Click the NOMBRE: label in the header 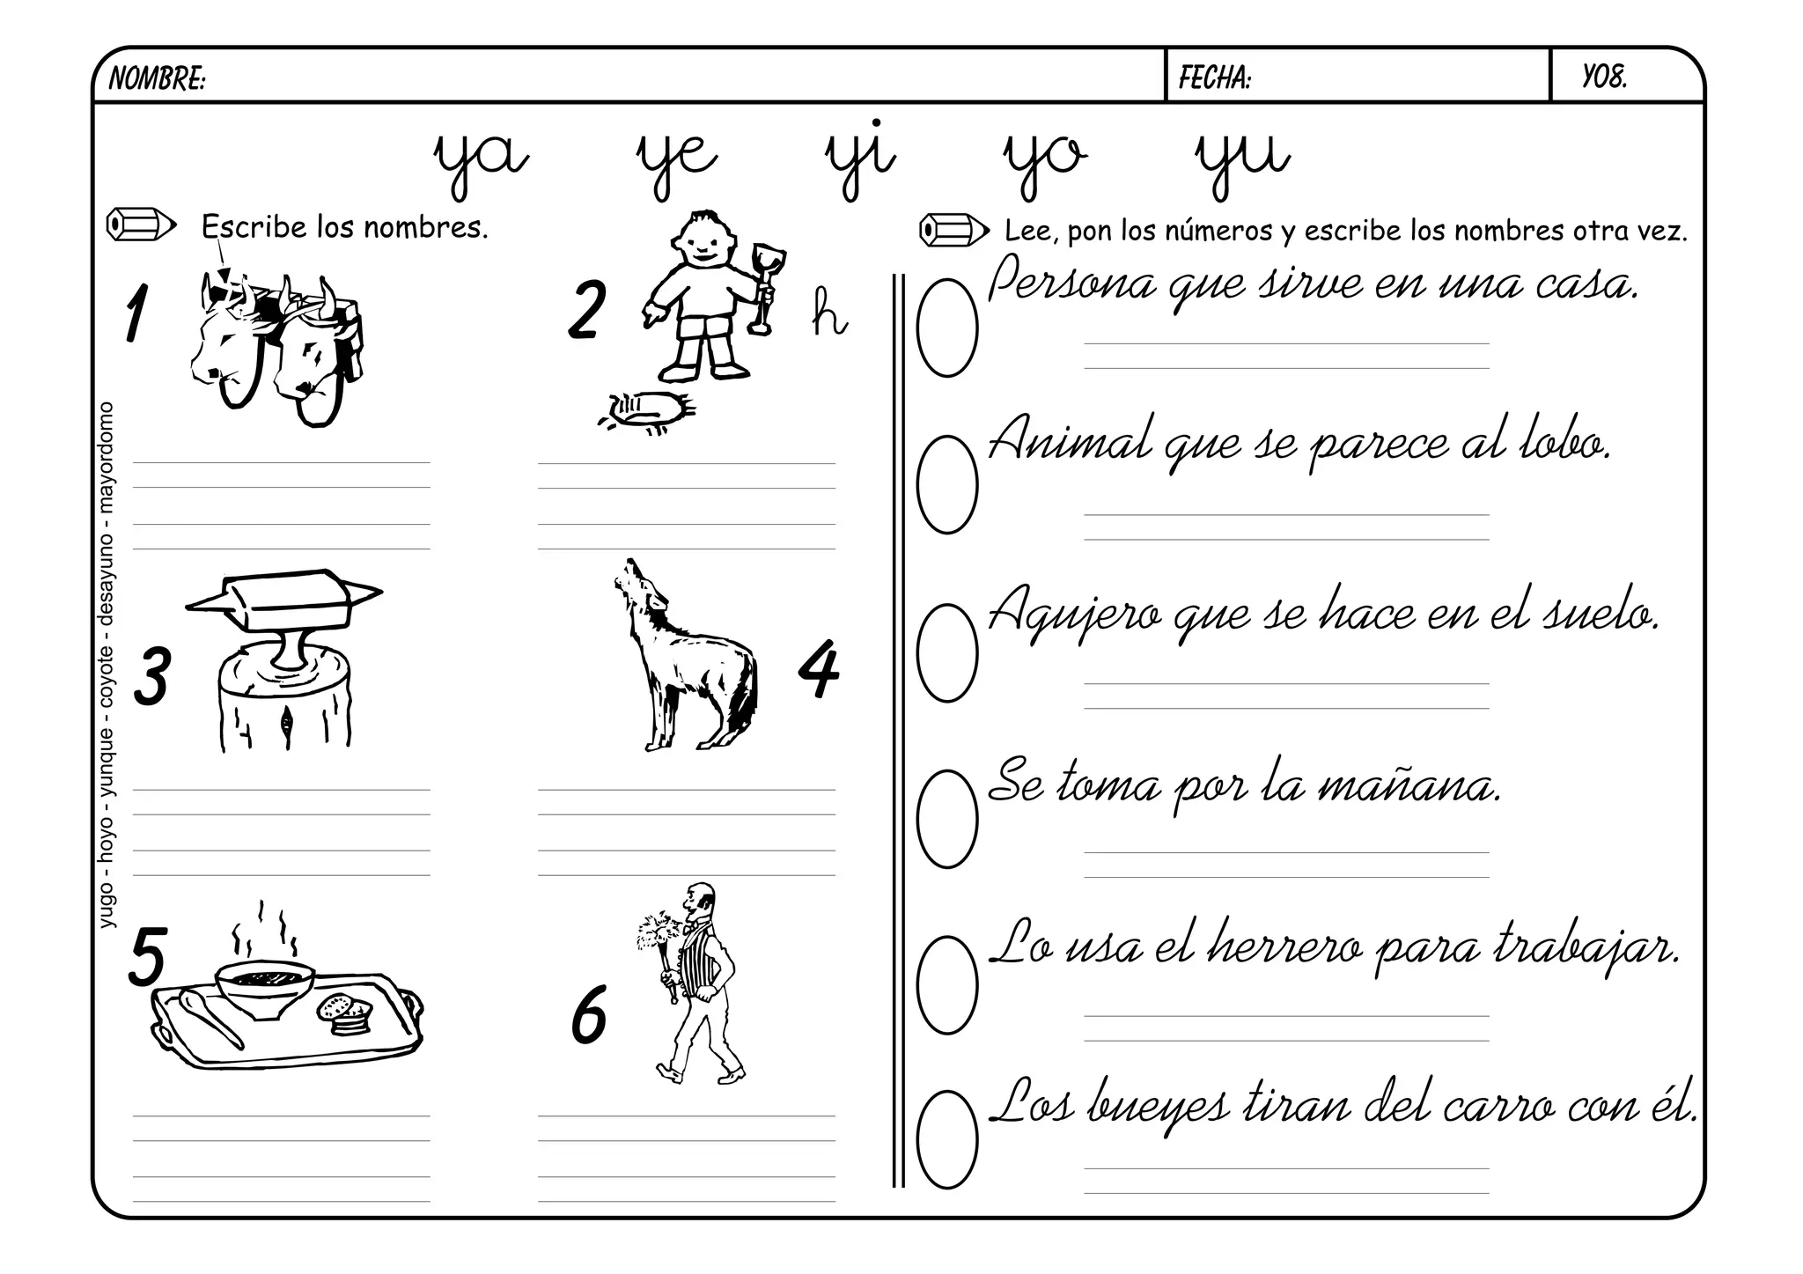click(158, 79)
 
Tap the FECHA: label click(1215, 78)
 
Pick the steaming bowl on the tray click(264, 986)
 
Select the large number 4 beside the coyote click(819, 669)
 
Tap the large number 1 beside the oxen click(135, 312)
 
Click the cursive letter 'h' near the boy click(828, 312)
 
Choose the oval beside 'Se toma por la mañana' click(947, 819)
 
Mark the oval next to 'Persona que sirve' click(947, 328)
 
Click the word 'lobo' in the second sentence click(1564, 442)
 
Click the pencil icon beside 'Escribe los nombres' click(141, 225)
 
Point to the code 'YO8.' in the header click(1604, 78)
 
